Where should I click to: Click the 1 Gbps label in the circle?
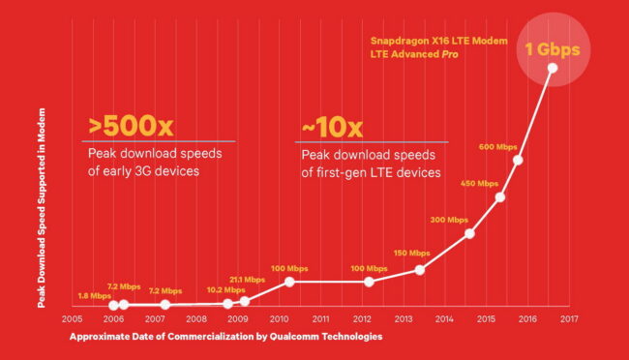point(552,48)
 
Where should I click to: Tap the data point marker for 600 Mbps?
point(519,161)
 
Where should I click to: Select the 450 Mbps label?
point(479,183)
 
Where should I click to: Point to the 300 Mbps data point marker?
point(469,233)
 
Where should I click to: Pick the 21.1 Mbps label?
point(247,279)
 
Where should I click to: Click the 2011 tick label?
point(320,317)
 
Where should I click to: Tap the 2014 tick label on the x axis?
point(444,317)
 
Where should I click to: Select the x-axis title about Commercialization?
point(225,337)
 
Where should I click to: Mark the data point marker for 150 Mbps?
point(420,270)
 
